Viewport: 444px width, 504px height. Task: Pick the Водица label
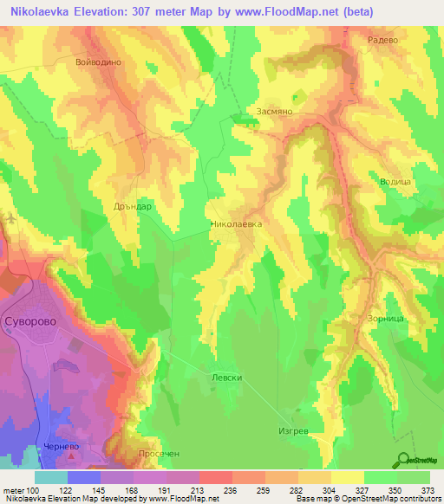pos(395,182)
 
